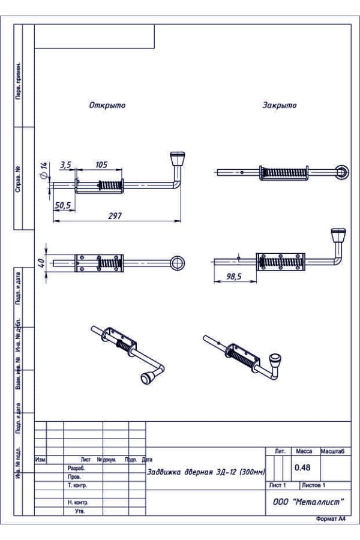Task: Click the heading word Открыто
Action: [107, 105]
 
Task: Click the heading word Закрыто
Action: [279, 105]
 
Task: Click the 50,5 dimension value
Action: [62, 205]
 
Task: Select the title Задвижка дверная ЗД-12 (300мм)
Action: [206, 472]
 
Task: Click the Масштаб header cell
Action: [336, 451]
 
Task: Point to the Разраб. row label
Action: [76, 467]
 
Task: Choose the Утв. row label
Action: [79, 512]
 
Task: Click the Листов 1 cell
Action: [313, 485]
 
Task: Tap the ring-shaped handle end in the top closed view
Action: [341, 172]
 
